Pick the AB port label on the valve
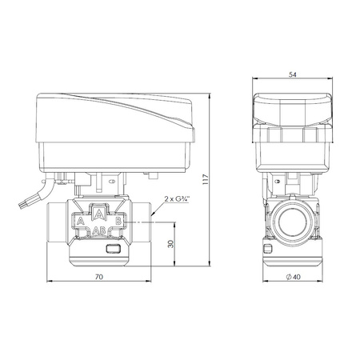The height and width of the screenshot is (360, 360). [x=98, y=231]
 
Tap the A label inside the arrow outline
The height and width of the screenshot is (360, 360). [x=98, y=215]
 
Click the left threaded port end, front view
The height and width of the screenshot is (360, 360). [x=55, y=220]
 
